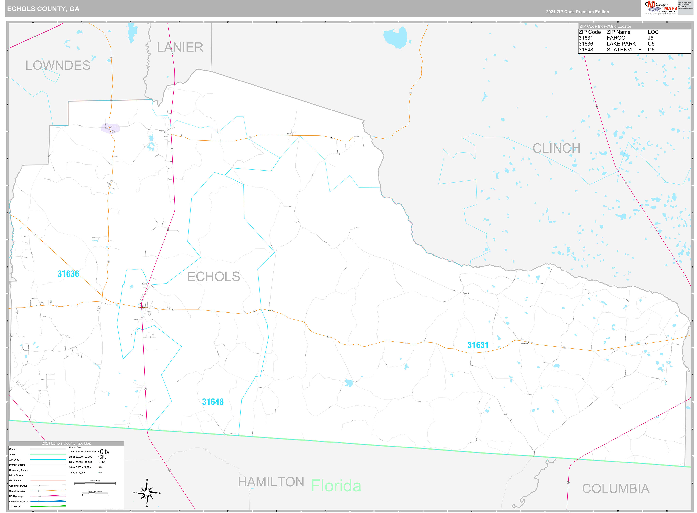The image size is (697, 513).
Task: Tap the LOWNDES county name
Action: tap(58, 66)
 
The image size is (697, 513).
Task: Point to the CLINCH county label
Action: tap(556, 148)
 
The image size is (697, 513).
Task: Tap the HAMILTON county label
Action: tap(271, 482)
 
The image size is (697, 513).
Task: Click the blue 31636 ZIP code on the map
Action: tap(68, 274)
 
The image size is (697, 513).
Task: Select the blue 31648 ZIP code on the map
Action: tap(213, 402)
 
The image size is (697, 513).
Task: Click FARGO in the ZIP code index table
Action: tap(616, 38)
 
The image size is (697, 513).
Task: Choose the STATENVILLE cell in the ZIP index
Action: tap(624, 50)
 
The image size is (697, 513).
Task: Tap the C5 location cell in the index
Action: tap(651, 44)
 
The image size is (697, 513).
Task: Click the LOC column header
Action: tap(653, 32)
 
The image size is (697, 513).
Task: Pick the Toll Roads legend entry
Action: tap(15, 506)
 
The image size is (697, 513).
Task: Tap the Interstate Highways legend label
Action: tap(19, 501)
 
